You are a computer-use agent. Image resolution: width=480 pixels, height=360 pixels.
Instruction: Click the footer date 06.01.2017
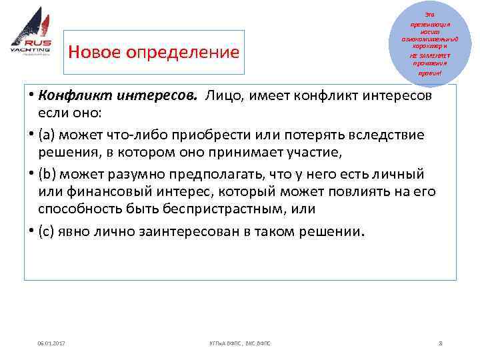click(x=52, y=343)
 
